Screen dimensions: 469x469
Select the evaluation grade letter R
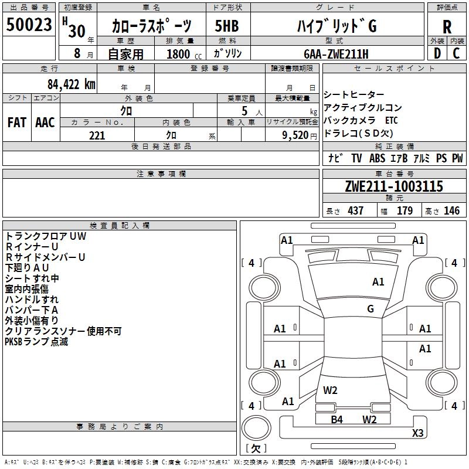tap(447, 27)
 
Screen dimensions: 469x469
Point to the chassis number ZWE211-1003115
tap(394, 187)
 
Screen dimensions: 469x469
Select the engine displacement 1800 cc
tap(179, 54)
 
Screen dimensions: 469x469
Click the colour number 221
tap(97, 135)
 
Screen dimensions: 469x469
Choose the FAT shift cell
tap(16, 123)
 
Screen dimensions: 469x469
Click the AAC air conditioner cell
tap(45, 123)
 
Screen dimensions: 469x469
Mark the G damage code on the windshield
tap(371, 309)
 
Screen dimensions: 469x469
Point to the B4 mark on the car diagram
tap(337, 419)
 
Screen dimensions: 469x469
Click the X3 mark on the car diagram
tap(417, 433)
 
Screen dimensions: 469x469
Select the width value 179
tap(405, 211)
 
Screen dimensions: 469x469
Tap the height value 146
tap(451, 211)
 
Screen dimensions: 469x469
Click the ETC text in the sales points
tap(392, 120)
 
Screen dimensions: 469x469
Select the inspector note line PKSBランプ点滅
tap(36, 342)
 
